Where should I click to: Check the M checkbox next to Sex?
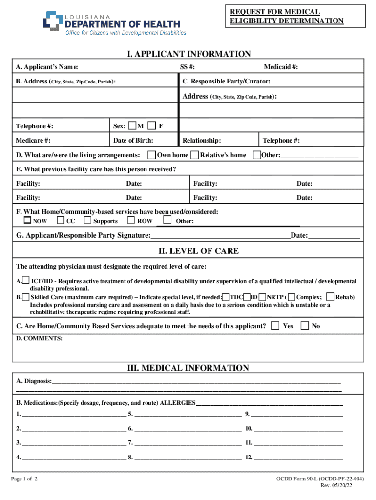132,126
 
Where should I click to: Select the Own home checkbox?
152,155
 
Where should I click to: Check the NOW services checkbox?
28,221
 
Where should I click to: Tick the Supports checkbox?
87,221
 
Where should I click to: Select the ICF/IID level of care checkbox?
25,281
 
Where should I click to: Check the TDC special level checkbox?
226,297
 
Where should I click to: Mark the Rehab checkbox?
331,297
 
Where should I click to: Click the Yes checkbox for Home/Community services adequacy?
276,325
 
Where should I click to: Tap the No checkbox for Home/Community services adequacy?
305,325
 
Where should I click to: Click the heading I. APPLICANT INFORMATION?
188,54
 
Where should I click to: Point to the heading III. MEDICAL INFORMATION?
188,368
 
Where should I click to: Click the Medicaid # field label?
281,67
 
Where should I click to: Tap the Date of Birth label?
133,141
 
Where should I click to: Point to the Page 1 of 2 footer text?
24,479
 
